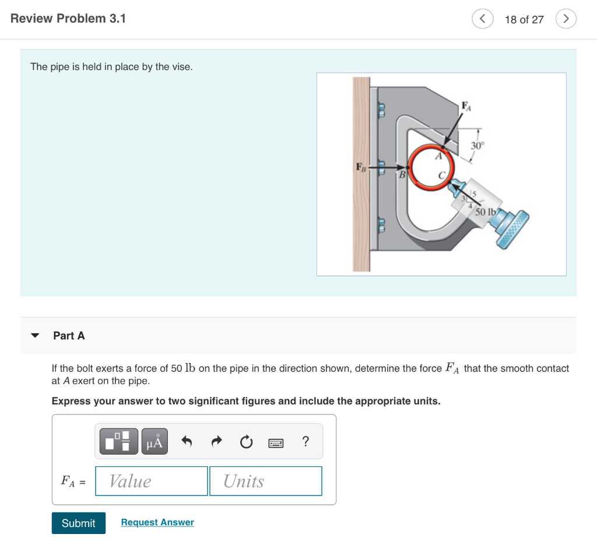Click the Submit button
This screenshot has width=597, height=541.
[x=78, y=523]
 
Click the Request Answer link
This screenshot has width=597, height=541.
[x=157, y=522]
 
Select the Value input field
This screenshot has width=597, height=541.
[x=152, y=481]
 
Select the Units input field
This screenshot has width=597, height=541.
[x=265, y=481]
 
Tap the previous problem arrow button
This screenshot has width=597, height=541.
[x=482, y=19]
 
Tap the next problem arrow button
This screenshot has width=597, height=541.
[x=566, y=19]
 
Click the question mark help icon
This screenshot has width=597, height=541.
[x=305, y=442]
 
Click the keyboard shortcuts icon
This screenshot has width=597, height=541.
[x=276, y=443]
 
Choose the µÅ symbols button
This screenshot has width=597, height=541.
[x=154, y=442]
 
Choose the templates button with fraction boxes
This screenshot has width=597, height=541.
[x=119, y=442]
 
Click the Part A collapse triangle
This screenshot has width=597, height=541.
[x=35, y=336]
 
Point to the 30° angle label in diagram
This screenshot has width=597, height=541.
[x=477, y=145]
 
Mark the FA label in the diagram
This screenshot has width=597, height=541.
[x=466, y=106]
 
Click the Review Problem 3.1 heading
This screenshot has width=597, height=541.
[x=68, y=19]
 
